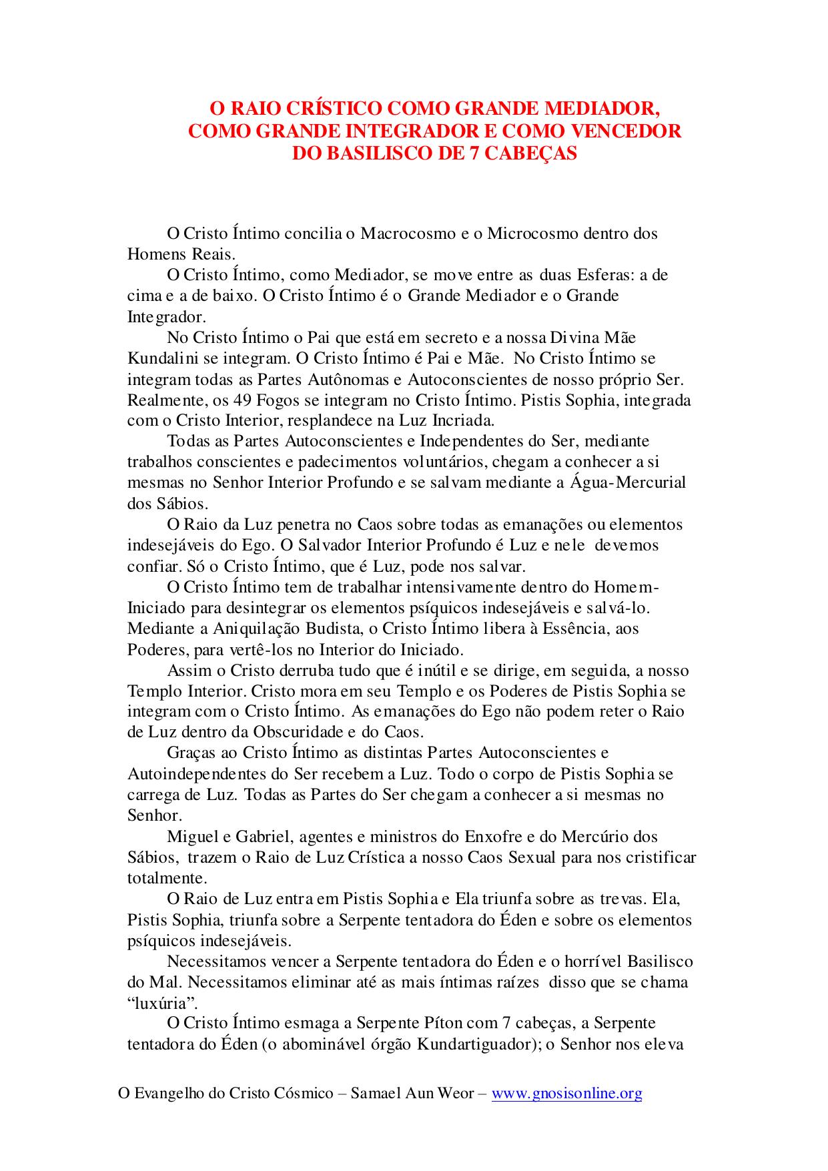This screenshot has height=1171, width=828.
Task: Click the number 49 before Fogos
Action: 243,400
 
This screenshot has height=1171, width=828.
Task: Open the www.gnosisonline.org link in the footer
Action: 566,1093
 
